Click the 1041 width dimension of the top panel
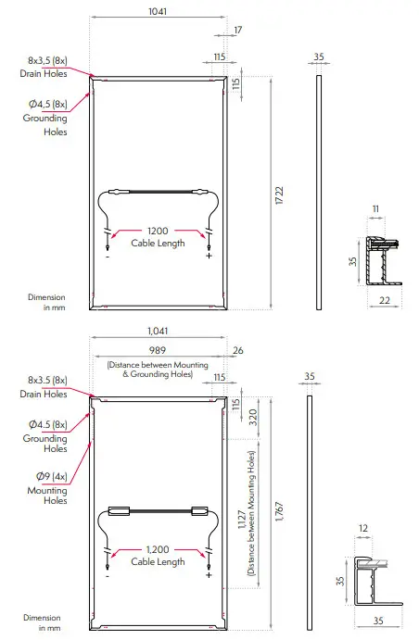[x=158, y=11]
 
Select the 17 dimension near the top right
[x=237, y=30]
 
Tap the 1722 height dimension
[x=279, y=195]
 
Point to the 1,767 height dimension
[x=279, y=511]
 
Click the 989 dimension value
[x=158, y=350]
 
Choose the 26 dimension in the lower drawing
[x=238, y=350]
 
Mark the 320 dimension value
[x=253, y=417]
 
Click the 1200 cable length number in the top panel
[x=158, y=231]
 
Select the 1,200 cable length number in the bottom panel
[x=158, y=550]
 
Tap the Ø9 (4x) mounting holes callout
[x=52, y=476]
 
